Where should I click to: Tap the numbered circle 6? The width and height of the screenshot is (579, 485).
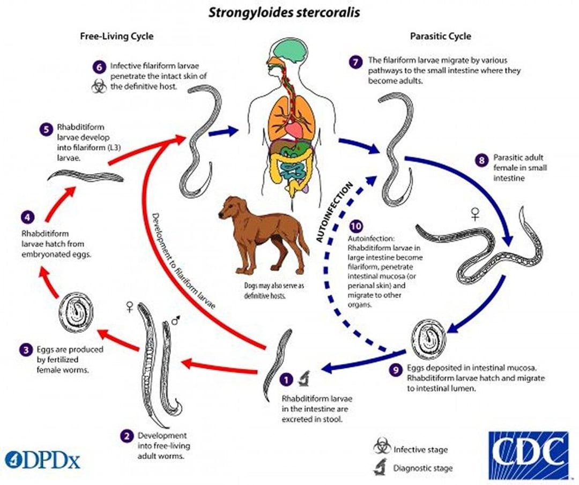(98, 67)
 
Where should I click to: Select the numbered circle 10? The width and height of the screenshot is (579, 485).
(355, 226)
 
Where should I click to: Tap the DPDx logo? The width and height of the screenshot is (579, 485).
(42, 459)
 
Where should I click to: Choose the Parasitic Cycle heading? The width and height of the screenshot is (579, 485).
(441, 36)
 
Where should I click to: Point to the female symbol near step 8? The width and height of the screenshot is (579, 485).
(474, 215)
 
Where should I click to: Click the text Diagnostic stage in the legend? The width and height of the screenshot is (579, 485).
(423, 468)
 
